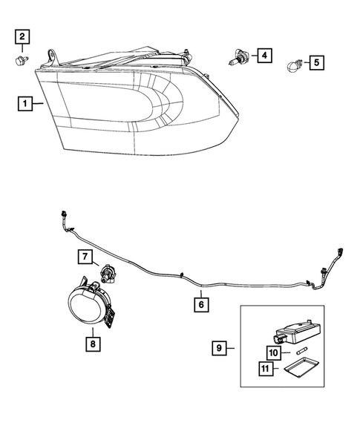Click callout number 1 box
(27, 105)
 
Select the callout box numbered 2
(23, 36)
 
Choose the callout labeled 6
(200, 303)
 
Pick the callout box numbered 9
(220, 346)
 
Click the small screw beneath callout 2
(22, 59)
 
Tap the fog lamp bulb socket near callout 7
(108, 277)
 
